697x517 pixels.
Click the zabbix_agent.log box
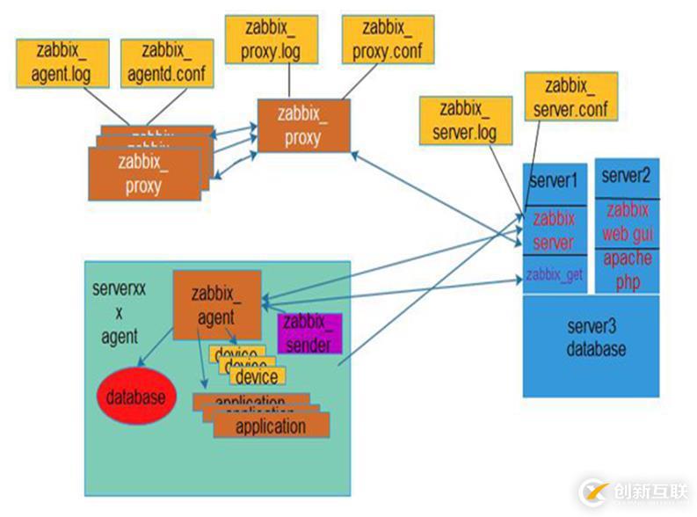(61, 62)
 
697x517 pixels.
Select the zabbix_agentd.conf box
(166, 62)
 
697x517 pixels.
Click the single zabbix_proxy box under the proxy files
(302, 125)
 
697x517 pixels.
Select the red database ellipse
(136, 397)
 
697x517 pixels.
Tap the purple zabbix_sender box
(309, 332)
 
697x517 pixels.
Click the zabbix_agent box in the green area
(217, 304)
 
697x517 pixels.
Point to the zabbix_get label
(554, 275)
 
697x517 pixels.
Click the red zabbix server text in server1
(554, 230)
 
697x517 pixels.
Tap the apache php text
(627, 270)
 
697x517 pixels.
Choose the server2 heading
(626, 176)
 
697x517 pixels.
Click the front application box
(271, 426)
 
